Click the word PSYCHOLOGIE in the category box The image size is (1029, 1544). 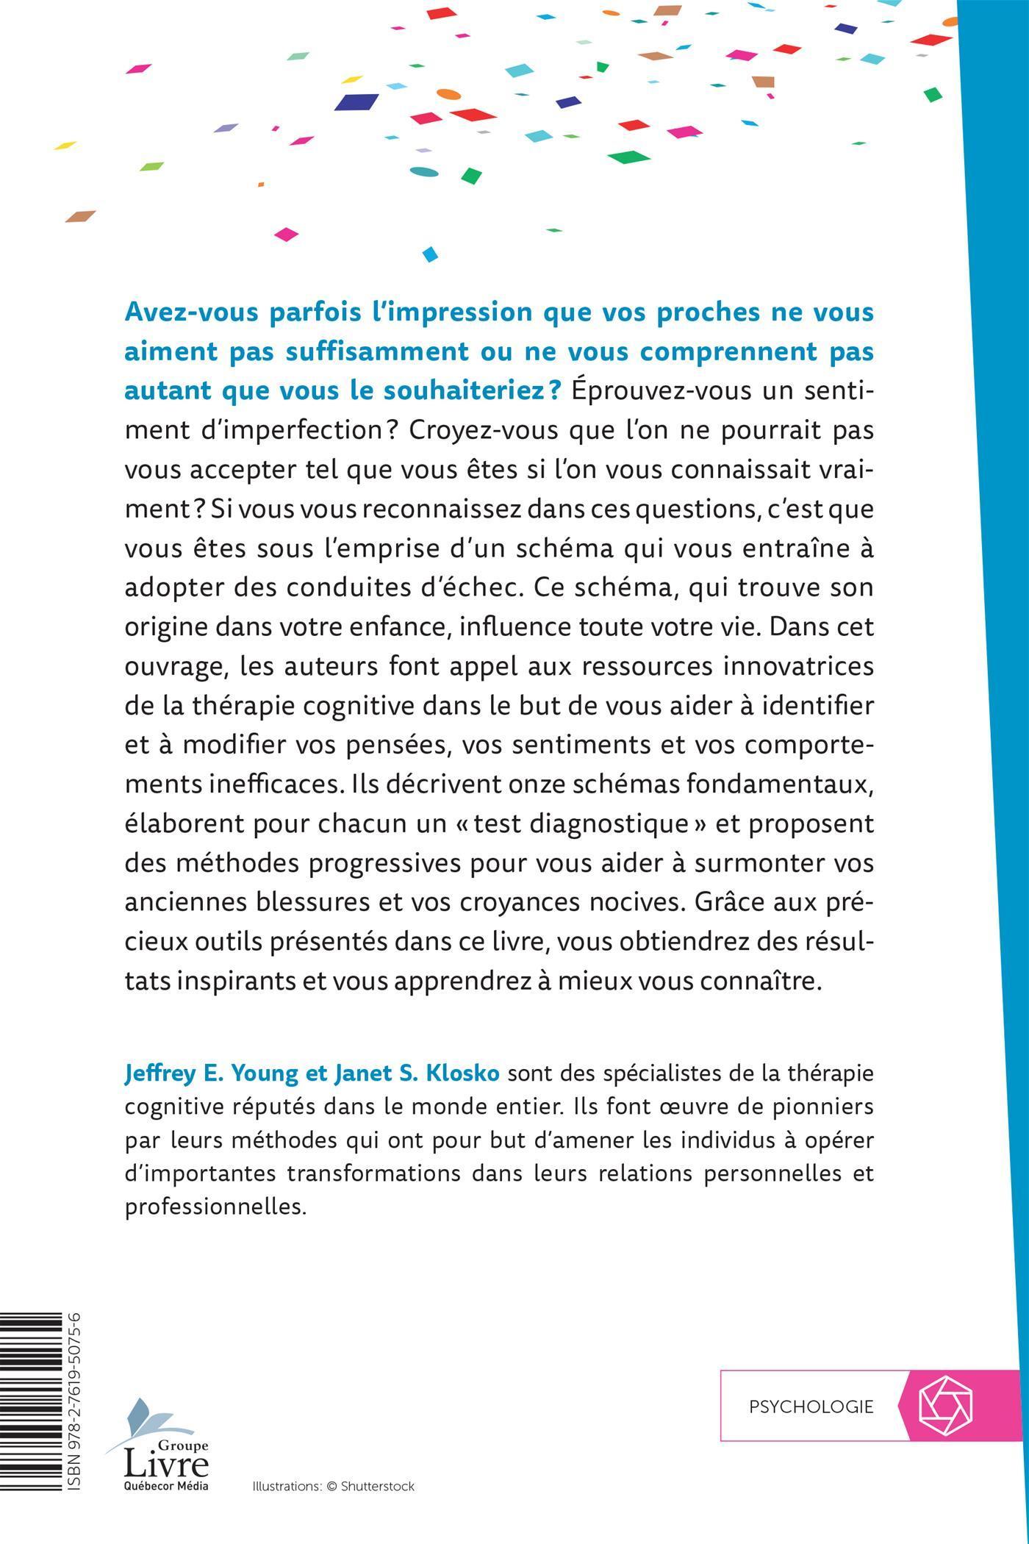[811, 1407]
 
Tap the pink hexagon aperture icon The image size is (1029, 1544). [946, 1405]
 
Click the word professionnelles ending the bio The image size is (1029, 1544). [214, 1207]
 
